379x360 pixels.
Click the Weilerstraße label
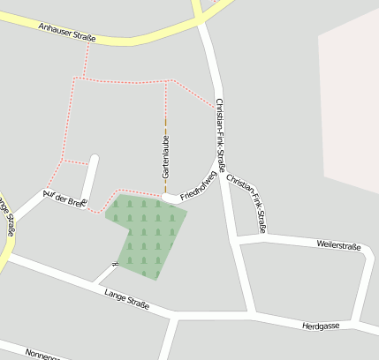(x=339, y=244)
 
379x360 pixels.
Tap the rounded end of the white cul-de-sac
(x=95, y=160)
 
